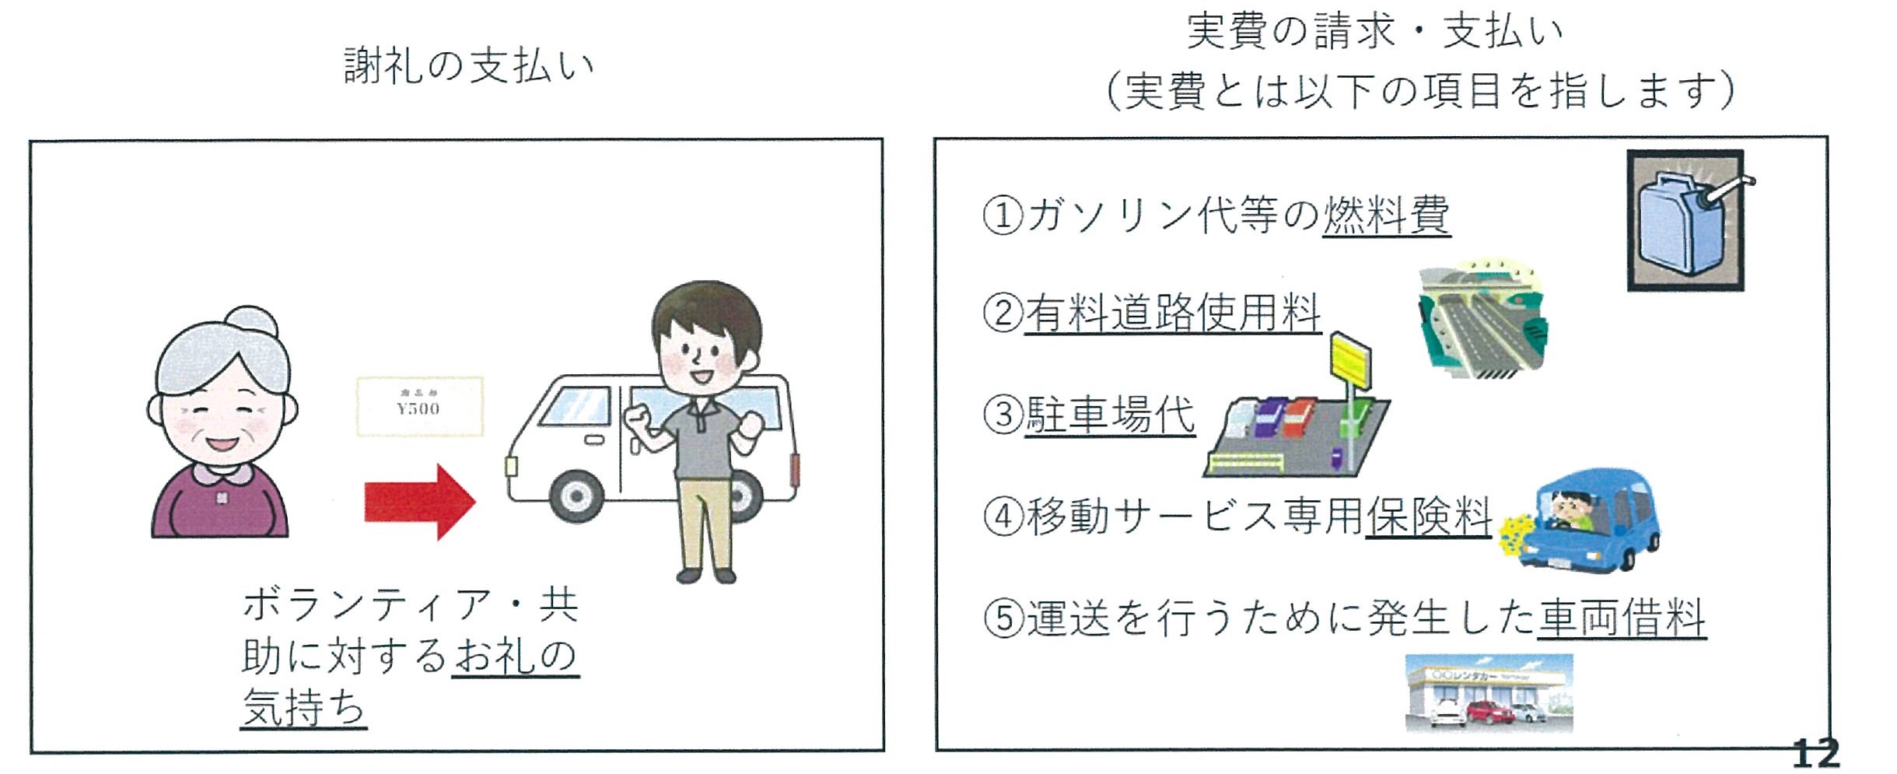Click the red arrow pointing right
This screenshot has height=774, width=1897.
click(419, 502)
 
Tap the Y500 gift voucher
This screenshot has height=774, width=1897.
click(419, 406)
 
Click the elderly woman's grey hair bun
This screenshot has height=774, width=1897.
click(250, 320)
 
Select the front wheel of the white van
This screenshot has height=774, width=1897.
click(576, 495)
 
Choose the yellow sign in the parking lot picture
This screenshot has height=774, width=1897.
click(1350, 361)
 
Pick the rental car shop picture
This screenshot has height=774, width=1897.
click(1488, 692)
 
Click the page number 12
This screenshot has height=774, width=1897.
click(1815, 753)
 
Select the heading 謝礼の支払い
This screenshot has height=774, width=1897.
click(469, 65)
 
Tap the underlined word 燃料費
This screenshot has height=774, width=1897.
click(1386, 215)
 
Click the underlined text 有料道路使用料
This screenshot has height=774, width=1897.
click(1172, 313)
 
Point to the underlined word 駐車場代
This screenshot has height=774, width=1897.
click(1109, 415)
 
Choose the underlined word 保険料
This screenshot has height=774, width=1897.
click(1428, 516)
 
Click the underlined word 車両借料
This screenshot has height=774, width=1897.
click(1621, 618)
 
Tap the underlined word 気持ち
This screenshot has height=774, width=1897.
click(303, 707)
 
